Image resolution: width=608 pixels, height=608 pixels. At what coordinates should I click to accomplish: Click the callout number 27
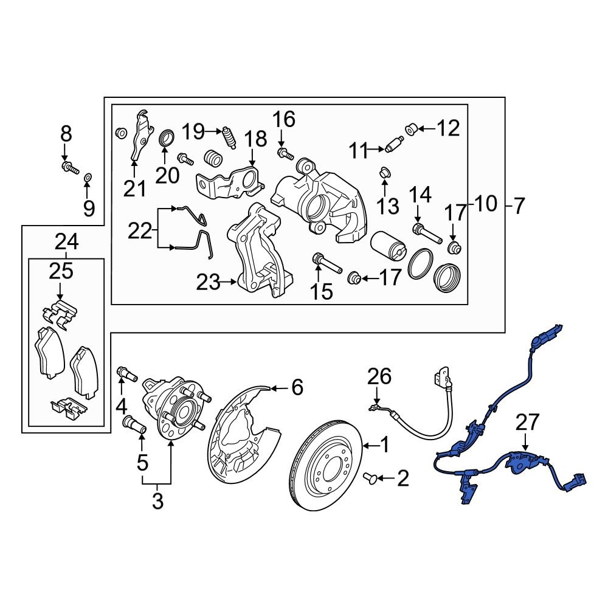click(x=528, y=422)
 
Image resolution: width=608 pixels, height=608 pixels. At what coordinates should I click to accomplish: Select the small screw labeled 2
click(x=370, y=480)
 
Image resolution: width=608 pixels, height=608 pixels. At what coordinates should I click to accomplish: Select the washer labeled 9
click(x=88, y=177)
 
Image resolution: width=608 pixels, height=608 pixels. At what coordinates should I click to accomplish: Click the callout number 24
click(x=66, y=242)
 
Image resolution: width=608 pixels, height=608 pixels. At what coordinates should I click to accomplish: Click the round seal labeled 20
click(x=166, y=138)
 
